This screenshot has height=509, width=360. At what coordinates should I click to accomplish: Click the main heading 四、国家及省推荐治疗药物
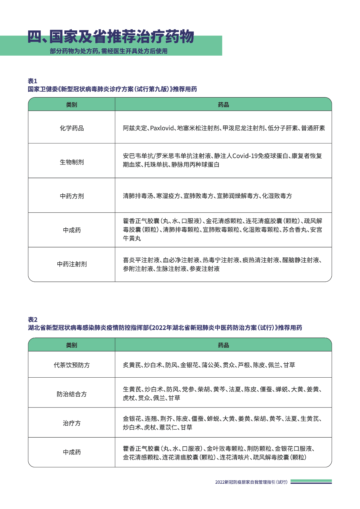(x=111, y=37)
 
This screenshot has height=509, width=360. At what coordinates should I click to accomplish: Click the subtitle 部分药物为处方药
(x=108, y=51)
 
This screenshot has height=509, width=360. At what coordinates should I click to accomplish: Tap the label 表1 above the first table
(x=32, y=81)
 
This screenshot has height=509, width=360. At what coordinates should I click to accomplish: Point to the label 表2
(x=32, y=320)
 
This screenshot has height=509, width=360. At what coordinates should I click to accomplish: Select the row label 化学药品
(x=72, y=128)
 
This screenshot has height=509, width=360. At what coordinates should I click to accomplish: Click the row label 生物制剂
(x=72, y=162)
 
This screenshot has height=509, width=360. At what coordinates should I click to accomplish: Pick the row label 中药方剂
(x=72, y=196)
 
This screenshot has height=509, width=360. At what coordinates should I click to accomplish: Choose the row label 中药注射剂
(x=72, y=264)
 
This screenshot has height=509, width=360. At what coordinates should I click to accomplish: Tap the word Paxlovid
(x=162, y=128)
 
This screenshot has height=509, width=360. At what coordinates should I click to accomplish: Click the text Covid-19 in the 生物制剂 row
(x=245, y=156)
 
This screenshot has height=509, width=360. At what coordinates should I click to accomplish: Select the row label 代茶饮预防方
(x=72, y=365)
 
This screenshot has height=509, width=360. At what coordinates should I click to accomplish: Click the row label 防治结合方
(x=72, y=394)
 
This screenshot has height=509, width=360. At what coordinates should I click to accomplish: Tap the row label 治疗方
(x=72, y=423)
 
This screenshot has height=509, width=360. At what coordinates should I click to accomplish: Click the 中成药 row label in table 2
(x=72, y=452)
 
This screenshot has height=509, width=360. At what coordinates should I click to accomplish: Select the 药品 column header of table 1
(x=223, y=105)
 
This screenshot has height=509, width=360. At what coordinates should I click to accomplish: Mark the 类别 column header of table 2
(x=72, y=345)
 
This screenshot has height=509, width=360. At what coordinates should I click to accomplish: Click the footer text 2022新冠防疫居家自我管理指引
(x=251, y=482)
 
